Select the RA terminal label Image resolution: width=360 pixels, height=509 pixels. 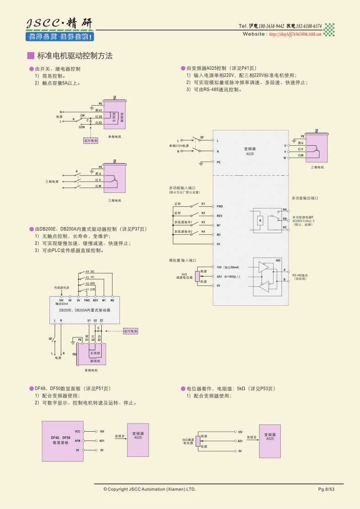[285, 210]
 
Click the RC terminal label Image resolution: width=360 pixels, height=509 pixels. [285, 228]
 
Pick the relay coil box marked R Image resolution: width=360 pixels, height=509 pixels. [260, 220]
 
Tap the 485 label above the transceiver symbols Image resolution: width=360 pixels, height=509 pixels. [278, 260]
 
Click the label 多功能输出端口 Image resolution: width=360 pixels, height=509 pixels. [305, 198]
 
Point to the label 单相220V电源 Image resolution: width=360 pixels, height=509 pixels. [179, 146]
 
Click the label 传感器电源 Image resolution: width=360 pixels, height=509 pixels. [62, 287]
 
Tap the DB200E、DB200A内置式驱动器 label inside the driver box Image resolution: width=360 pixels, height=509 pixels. [85, 310]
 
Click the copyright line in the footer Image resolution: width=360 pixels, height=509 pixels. [149, 489]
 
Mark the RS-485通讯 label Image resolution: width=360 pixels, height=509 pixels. [300, 275]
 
